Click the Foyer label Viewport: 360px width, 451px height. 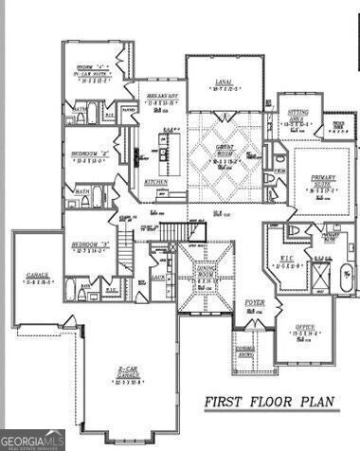coord(255,304)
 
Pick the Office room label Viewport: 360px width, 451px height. coord(303,330)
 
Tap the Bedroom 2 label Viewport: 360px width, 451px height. coord(91,156)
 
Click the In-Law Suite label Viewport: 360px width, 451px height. coord(91,74)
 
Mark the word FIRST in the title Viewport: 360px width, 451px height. coord(226,402)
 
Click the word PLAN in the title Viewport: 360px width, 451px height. coord(323,402)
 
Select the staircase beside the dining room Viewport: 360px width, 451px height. coord(173,231)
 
